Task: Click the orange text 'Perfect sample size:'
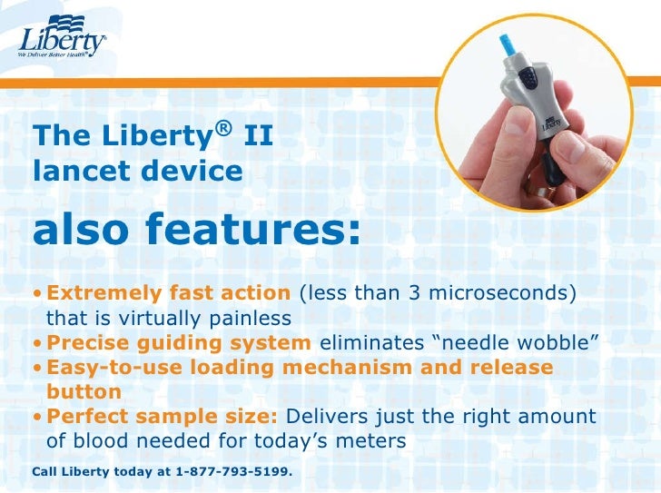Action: pos(163,417)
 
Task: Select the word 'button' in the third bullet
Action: pos(84,391)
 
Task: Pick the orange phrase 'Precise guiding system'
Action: pos(179,342)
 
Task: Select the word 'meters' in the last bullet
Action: pos(372,441)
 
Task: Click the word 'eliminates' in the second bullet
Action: pos(368,342)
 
